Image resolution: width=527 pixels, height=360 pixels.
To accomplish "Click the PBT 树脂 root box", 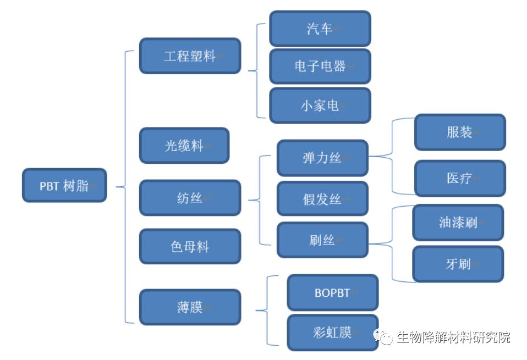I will tap(64, 186).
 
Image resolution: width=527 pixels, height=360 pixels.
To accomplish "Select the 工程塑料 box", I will tap(190, 56).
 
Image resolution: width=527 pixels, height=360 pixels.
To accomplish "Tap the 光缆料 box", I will tap(184, 146).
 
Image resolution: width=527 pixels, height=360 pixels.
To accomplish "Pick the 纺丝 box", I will tap(190, 198).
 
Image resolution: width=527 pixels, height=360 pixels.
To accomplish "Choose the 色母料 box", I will tap(190, 246).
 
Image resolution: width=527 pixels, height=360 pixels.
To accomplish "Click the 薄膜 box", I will tap(190, 307).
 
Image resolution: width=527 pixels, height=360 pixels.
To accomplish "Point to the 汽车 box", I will tap(320, 29).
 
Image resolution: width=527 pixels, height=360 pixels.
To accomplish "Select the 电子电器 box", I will tap(320, 67).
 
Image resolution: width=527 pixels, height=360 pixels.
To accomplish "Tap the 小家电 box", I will tap(320, 106).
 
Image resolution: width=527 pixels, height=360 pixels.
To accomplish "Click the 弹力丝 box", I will tap(322, 158).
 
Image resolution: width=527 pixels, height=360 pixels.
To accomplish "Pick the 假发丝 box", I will tap(322, 198).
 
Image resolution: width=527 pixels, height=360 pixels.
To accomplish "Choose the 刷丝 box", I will tap(322, 240).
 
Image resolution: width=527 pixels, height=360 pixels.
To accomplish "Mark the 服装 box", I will tap(459, 132).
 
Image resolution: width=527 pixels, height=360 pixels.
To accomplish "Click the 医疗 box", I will tap(459, 178).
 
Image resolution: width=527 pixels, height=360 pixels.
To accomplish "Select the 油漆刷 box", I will tap(458, 223).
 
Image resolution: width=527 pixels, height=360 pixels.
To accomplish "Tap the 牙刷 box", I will tap(458, 264).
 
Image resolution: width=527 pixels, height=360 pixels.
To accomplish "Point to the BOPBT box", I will tap(332, 293).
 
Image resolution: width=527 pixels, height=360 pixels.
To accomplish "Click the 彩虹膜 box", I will tap(332, 333).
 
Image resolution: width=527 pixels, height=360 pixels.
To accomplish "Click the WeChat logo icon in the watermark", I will tap(383, 337).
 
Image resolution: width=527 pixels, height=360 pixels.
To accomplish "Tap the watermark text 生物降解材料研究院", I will tap(453, 337).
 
